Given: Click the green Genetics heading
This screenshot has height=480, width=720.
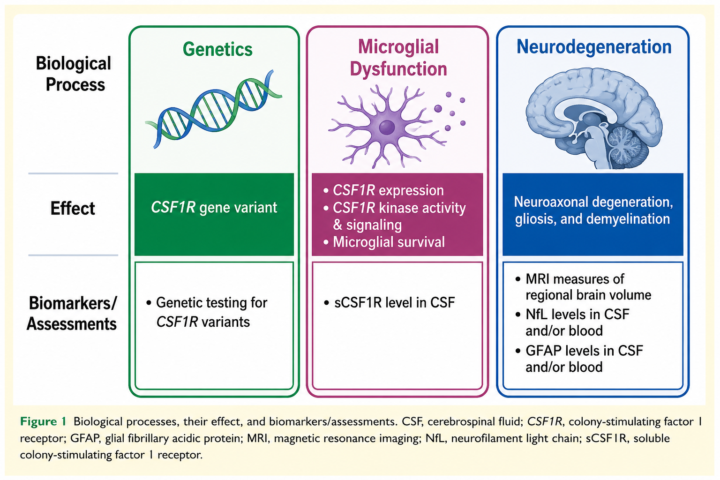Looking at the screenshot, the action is click(217, 50).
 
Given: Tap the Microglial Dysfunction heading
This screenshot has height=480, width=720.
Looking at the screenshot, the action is click(398, 58).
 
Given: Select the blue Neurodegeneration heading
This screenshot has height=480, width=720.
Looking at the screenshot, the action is click(594, 47).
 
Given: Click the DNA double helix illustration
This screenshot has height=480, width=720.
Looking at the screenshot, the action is click(214, 109).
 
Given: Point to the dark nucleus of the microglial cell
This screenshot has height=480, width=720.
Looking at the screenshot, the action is click(387, 127).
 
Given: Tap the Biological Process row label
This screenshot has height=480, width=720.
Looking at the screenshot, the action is click(74, 74).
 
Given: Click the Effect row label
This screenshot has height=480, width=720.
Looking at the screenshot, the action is click(73, 208).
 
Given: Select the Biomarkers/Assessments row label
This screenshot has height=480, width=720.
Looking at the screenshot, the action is click(72, 313).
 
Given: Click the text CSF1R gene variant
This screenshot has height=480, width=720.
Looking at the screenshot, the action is click(214, 207).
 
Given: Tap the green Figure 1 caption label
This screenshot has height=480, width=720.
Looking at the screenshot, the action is click(43, 421).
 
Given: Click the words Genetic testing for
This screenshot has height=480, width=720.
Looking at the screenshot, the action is click(211, 303).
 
